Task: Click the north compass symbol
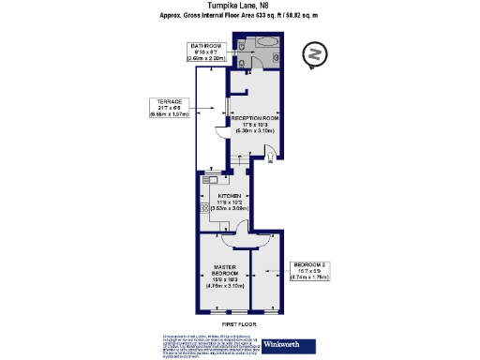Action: pyautogui.click(x=315, y=55)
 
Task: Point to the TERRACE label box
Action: pyautogui.click(x=169, y=108)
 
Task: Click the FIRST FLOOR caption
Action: pyautogui.click(x=239, y=324)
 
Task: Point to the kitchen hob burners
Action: pyautogui.click(x=203, y=209)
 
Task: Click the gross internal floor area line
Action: pyautogui.click(x=240, y=18)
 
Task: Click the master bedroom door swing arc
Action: pyautogui.click(x=232, y=241)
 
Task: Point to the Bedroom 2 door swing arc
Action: pyautogui.click(x=256, y=241)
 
